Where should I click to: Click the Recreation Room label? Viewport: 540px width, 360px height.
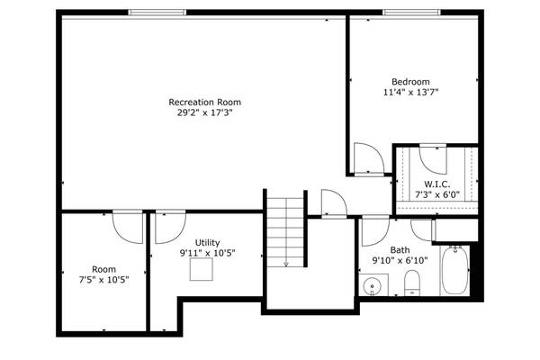[205, 102]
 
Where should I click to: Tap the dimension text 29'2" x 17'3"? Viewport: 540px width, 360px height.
[205, 113]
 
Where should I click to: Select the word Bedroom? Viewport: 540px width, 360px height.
[410, 80]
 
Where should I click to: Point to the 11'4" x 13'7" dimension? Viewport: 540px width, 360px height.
[410, 92]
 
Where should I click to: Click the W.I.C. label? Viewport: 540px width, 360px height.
[437, 184]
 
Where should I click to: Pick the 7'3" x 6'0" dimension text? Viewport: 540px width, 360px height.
[437, 194]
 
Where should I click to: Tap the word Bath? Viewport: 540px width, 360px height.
[400, 250]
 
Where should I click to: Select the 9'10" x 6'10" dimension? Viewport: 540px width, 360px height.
[400, 261]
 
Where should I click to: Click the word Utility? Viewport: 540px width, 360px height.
[208, 243]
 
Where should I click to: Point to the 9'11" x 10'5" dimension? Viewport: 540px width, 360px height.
[208, 254]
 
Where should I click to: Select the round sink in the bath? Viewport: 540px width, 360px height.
[373, 287]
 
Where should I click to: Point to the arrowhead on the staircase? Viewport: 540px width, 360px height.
[286, 264]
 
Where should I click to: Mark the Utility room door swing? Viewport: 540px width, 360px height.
[167, 229]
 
